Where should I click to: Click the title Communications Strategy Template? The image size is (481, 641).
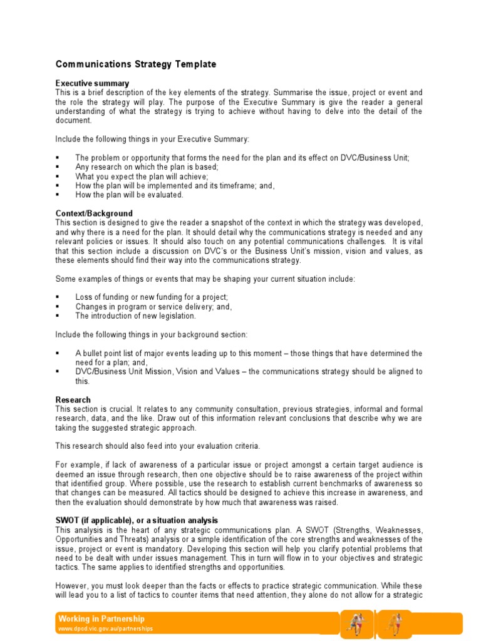(136, 64)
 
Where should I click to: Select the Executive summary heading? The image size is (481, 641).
(92, 83)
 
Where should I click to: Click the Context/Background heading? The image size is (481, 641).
(94, 213)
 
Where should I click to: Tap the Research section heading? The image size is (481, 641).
(73, 399)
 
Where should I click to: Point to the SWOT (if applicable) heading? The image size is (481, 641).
(137, 521)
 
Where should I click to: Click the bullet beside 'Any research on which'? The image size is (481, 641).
(58, 167)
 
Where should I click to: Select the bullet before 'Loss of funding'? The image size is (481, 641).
(58, 297)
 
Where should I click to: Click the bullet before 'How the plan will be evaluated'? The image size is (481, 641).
(58, 195)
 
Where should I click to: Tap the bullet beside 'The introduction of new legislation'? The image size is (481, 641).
(58, 316)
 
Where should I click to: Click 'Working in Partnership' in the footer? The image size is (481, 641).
(101, 618)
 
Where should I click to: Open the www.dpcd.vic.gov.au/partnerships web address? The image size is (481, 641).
(105, 628)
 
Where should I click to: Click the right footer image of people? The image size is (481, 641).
(395, 623)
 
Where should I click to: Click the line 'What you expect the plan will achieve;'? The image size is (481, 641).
(142, 177)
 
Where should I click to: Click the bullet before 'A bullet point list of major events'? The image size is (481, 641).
(58, 353)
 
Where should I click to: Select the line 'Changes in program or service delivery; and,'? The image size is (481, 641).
(153, 307)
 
